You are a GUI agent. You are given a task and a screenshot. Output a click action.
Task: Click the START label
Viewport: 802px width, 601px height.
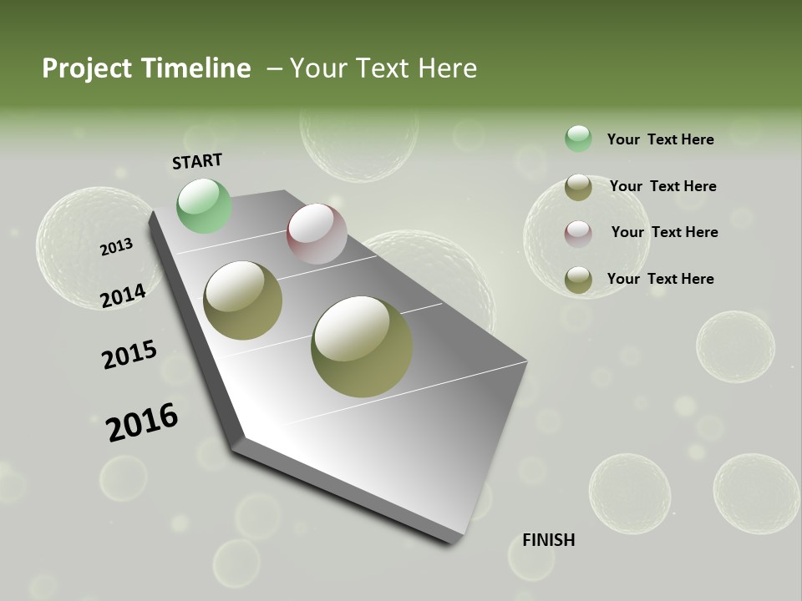197,161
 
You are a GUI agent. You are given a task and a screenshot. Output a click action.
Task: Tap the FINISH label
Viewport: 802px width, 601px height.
548,540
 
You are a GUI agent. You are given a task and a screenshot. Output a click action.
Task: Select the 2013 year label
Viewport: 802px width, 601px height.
117,247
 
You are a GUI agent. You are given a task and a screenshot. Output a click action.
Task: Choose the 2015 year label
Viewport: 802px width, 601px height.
129,355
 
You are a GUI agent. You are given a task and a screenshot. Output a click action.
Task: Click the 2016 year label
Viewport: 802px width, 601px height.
142,422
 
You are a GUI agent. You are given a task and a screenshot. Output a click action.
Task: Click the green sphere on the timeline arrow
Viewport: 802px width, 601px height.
204,205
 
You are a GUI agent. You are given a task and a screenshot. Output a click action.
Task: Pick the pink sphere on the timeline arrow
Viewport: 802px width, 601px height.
317,234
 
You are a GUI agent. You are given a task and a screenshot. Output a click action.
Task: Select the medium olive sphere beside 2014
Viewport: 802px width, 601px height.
243,300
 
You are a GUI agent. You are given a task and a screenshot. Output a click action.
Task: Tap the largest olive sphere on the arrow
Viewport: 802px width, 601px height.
362,346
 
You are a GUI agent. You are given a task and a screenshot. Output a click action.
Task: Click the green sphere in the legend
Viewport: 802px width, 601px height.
578,139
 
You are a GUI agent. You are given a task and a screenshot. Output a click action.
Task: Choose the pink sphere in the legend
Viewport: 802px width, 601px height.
578,234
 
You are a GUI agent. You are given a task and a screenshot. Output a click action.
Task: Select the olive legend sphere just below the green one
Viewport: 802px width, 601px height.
578,187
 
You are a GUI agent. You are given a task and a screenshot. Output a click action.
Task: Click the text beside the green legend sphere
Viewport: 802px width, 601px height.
660,139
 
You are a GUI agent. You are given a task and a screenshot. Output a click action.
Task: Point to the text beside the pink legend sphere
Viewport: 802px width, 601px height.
664,232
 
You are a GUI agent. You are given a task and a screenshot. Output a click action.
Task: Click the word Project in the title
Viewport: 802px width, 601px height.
86,68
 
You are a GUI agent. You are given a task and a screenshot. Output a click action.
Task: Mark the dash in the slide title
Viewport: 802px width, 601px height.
274,68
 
